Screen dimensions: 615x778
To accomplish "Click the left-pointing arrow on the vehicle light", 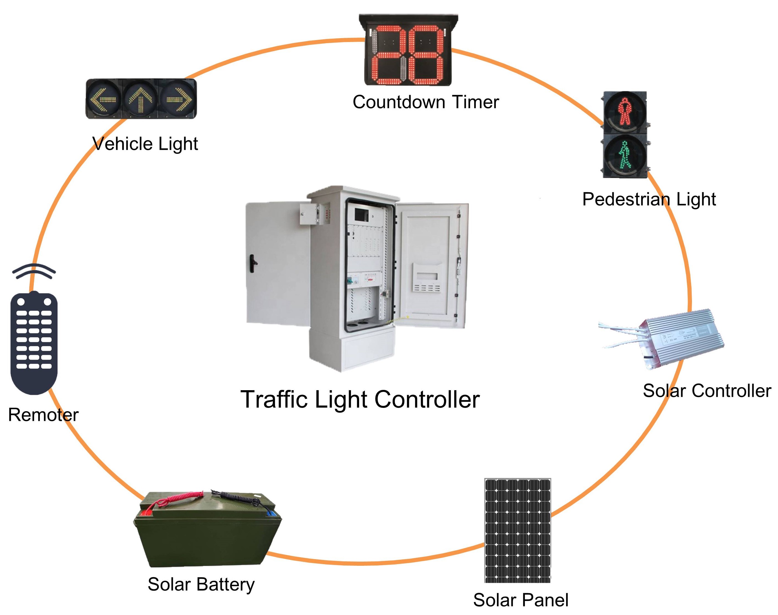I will pos(103,99).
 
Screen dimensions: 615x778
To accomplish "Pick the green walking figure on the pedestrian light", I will pos(625,155).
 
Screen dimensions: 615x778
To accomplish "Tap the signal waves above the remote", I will pos(34,271).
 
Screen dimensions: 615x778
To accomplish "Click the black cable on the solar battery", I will pos(234,497).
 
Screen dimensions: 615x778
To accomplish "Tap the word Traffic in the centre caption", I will pos(274,400).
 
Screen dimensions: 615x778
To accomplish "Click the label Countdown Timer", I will pos(426,102).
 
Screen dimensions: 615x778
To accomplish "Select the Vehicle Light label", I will pos(145,144).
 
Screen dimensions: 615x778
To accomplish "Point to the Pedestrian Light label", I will pos(649,199).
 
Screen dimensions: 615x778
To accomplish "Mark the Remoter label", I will pos(43,415).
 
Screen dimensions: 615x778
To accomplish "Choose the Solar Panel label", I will pos(521,600).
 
